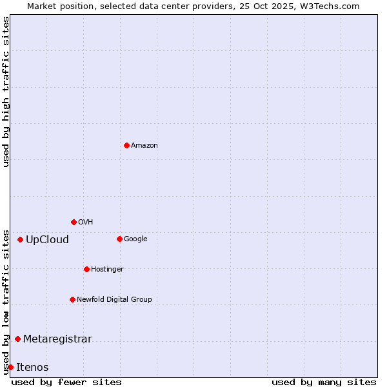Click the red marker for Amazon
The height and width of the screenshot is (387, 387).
[126, 145]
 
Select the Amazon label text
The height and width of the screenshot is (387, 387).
[144, 146]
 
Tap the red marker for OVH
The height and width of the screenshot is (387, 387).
[74, 222]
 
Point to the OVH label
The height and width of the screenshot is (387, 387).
[86, 223]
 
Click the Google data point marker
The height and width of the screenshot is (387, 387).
[119, 239]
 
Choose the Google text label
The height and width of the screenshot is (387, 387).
[135, 239]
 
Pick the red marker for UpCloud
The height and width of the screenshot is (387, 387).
[20, 239]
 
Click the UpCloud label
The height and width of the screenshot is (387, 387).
[47, 240]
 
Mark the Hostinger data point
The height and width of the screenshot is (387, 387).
[86, 269]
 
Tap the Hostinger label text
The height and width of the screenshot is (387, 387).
[107, 270]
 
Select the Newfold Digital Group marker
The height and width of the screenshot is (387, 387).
[72, 299]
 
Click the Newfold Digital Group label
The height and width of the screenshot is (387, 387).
[114, 300]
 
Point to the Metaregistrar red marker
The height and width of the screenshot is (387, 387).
[17, 339]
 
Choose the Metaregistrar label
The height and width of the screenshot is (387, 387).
[57, 339]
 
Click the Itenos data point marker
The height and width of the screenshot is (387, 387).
[10, 367]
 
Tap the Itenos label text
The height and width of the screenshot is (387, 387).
[32, 368]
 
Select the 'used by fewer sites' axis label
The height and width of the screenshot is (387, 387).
[66, 382]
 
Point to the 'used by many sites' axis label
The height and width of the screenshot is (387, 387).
[324, 382]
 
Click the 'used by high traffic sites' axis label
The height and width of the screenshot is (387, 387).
[6, 92]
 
